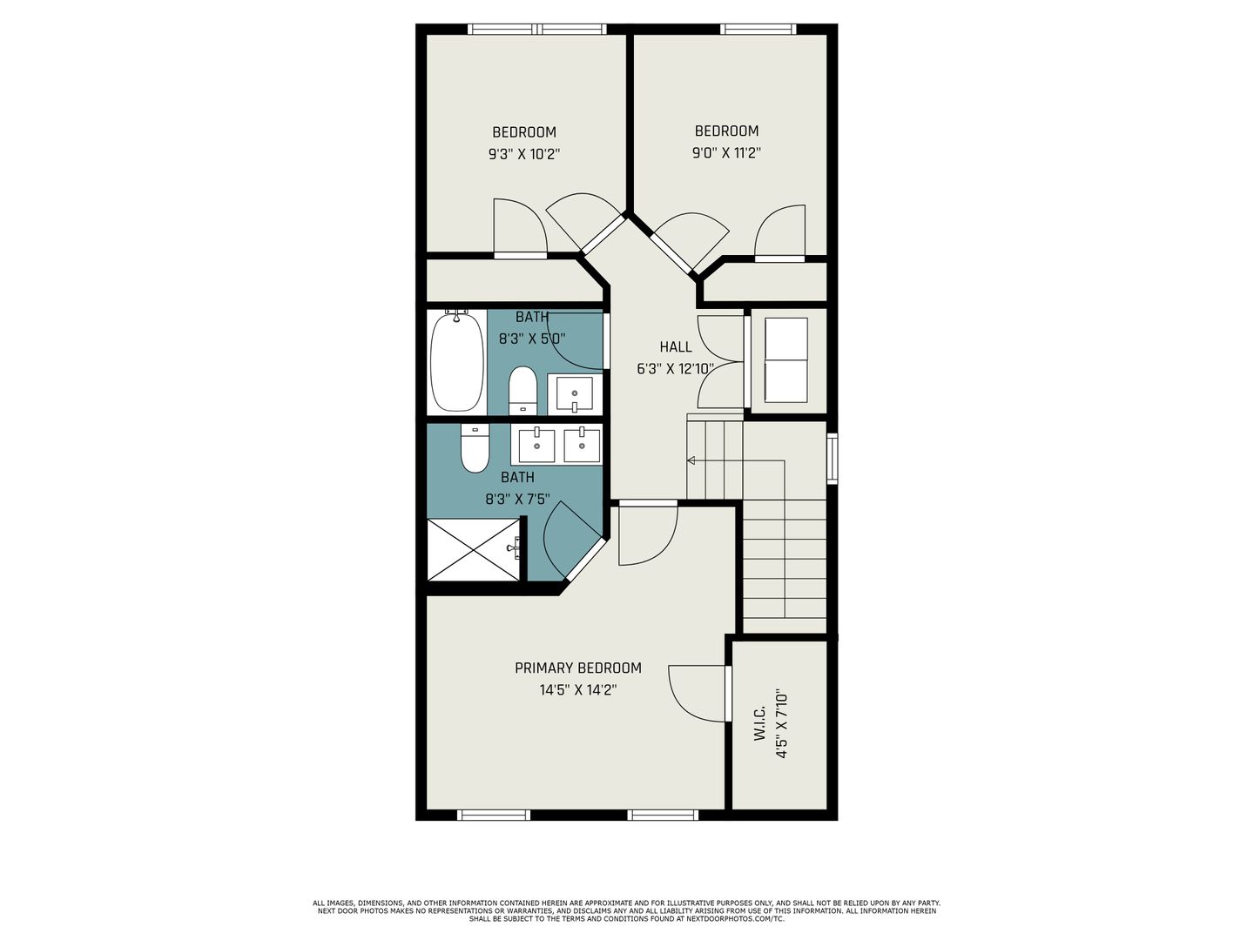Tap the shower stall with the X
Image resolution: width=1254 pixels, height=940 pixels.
474,549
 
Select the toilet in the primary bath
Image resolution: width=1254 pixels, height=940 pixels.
475,448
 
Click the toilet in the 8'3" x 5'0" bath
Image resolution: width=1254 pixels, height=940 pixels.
522,391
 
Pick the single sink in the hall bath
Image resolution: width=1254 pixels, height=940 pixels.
574,393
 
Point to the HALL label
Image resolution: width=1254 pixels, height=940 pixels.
675,347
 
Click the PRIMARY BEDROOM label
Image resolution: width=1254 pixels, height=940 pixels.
577,668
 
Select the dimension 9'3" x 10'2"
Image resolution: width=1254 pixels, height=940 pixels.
524,154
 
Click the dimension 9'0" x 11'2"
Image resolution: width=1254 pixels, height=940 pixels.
726,153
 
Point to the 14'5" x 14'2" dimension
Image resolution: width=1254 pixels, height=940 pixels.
578,690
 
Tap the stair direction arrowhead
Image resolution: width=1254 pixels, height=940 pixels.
691,460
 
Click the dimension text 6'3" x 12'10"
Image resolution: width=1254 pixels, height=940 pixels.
675,369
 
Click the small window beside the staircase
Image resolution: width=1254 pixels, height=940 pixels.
833,459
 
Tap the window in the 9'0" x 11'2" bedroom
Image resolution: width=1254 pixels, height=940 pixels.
758,29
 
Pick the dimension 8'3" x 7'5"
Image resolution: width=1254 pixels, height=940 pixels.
517,500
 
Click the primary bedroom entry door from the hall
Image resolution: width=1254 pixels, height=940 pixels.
648,533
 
